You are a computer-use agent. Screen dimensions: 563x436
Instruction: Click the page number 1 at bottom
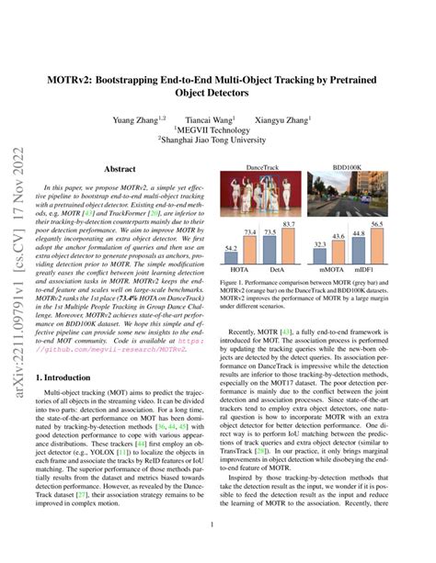(218, 550)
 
